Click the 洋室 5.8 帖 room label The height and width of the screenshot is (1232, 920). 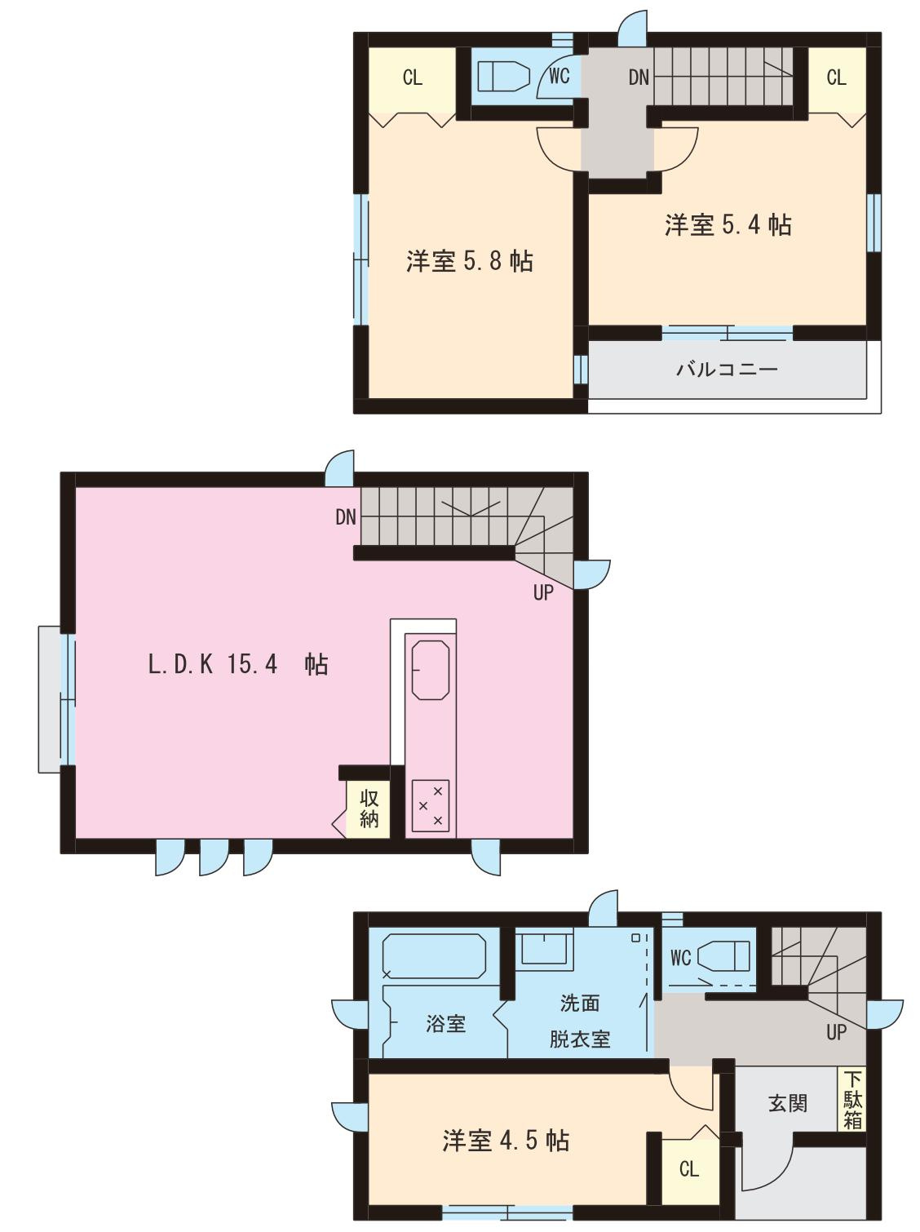point(470,261)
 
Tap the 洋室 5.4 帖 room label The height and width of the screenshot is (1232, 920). point(728,224)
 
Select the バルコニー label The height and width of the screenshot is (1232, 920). point(727,370)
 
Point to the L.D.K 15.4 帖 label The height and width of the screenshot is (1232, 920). point(237,664)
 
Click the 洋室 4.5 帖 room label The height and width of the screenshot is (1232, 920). point(506,1140)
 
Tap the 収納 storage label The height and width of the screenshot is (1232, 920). point(369,809)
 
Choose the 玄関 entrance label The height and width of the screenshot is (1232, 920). point(787,1104)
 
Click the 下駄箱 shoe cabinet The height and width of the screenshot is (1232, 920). point(852,1099)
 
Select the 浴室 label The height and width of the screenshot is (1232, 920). point(445,1023)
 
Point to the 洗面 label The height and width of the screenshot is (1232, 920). point(579,1002)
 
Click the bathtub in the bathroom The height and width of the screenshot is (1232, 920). point(434,956)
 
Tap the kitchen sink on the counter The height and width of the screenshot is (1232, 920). point(430,670)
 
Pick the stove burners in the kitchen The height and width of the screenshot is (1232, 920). point(430,805)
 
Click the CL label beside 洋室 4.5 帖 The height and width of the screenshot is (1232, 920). point(689,1169)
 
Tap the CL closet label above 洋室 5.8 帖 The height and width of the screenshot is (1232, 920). point(413,78)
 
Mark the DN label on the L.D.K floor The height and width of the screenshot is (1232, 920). point(346,516)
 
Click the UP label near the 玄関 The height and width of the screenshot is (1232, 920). point(836,1032)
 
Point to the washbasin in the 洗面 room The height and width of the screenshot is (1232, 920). point(542,949)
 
